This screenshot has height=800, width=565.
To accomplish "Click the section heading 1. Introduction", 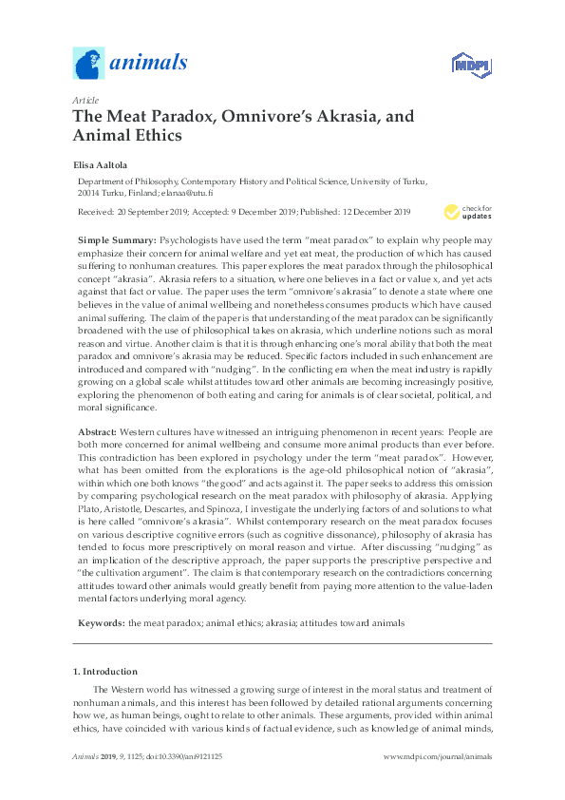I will [x=104, y=671].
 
